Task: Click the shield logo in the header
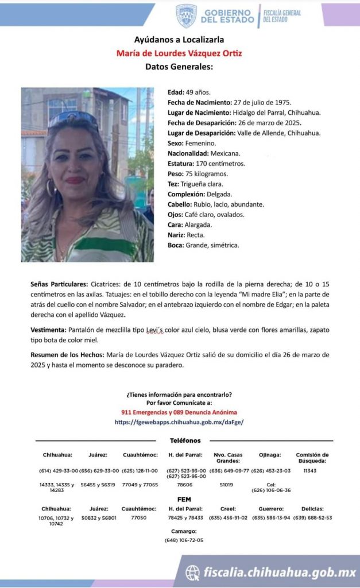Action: click(x=186, y=16)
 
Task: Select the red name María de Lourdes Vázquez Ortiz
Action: click(x=179, y=53)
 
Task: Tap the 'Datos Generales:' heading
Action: click(x=179, y=67)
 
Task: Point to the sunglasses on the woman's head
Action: click(x=74, y=119)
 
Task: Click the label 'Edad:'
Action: click(x=176, y=92)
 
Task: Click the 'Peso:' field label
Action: click(x=175, y=174)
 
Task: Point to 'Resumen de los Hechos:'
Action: click(x=68, y=354)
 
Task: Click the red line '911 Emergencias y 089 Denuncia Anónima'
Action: click(x=179, y=412)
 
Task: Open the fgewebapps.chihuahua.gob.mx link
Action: click(x=179, y=421)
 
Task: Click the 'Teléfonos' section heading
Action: click(x=185, y=441)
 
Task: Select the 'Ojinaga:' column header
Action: click(x=271, y=455)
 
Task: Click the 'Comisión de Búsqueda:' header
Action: click(x=312, y=458)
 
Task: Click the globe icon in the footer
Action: click(x=192, y=572)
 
